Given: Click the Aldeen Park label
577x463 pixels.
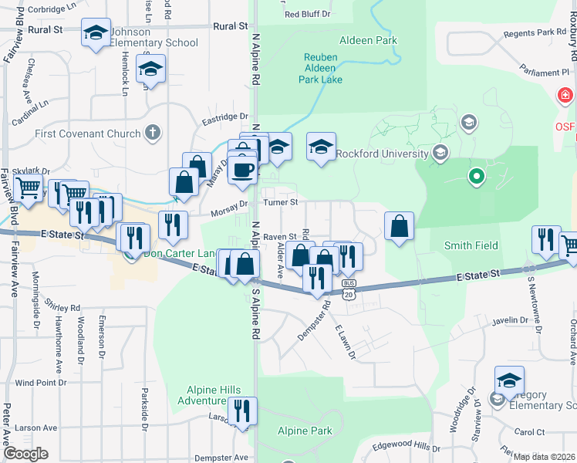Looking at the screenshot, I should click(365, 39).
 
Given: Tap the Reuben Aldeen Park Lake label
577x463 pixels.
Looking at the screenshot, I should click(332, 68).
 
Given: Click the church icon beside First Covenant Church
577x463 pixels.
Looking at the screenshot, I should click(153, 133).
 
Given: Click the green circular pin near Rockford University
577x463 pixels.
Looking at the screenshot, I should click(477, 177).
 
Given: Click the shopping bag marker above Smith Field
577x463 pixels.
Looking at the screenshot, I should click(399, 226).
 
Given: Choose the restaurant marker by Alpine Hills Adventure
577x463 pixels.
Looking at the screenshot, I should click(242, 411).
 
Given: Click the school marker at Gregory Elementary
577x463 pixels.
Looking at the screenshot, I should click(509, 380).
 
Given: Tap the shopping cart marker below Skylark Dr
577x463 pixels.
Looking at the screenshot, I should click(29, 187).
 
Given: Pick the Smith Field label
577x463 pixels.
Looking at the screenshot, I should click(471, 245).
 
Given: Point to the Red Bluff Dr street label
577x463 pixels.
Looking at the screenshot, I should click(307, 14).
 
